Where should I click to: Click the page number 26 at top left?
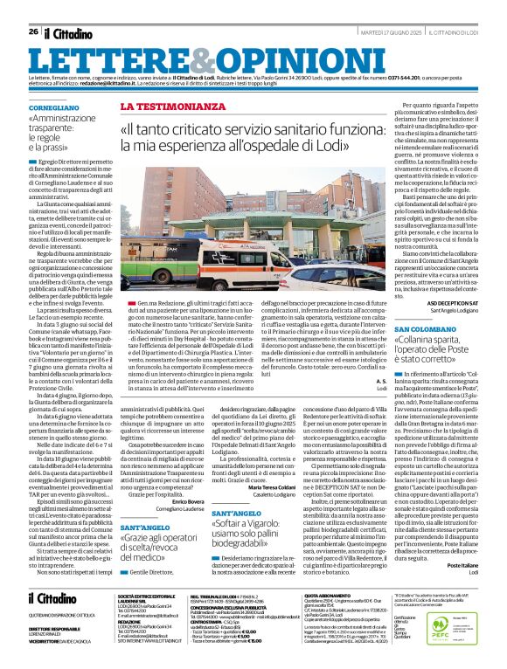[x=32, y=31]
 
